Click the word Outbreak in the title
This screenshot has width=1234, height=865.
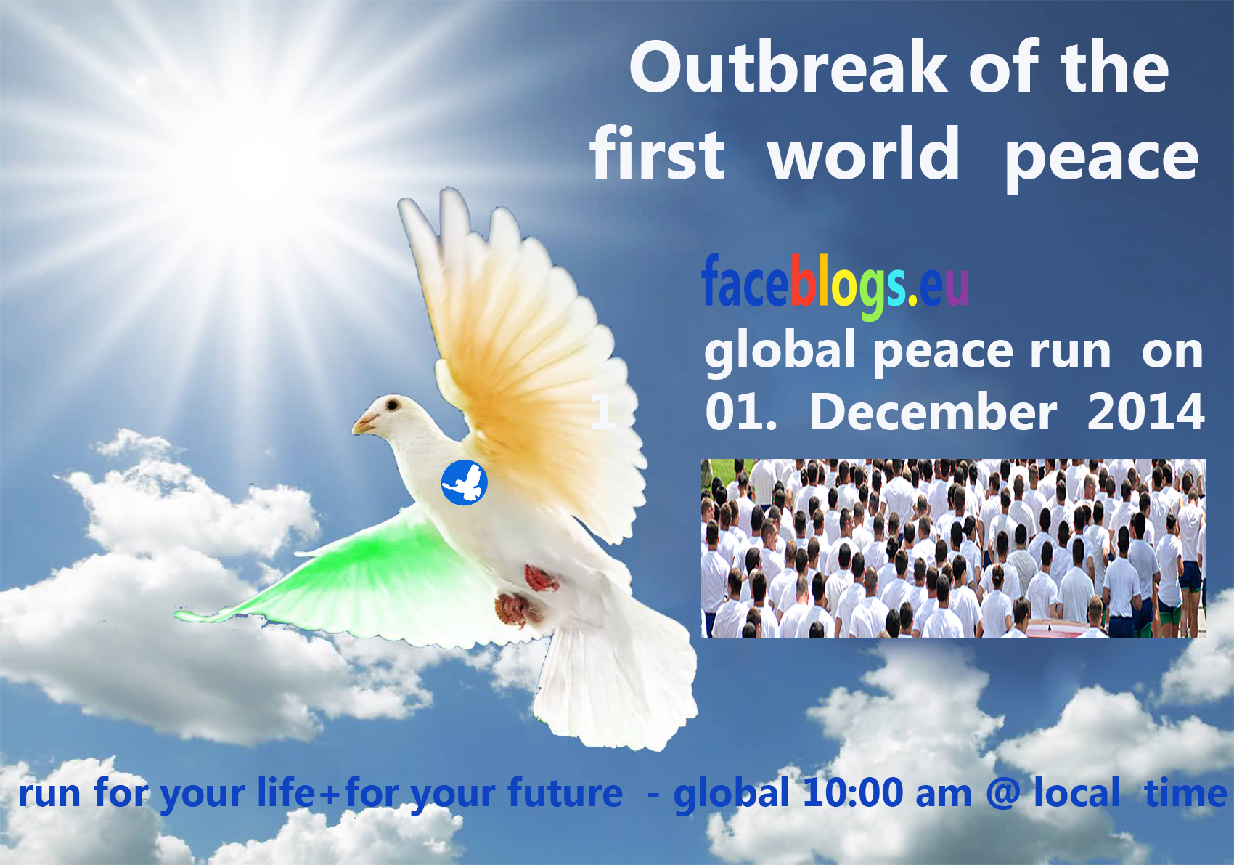(788, 68)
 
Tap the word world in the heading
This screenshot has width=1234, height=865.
(863, 153)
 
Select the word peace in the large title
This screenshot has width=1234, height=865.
(1101, 160)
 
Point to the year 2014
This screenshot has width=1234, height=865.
(1146, 413)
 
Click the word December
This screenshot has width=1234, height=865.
(933, 413)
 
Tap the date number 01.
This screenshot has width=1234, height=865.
(740, 413)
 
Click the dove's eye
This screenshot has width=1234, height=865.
(392, 405)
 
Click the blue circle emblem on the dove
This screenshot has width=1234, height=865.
(465, 482)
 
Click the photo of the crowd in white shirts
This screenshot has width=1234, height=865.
(954, 548)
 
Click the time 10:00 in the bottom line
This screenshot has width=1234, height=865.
(854, 793)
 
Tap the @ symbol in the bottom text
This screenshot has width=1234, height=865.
(1002, 794)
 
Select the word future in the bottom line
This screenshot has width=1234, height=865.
(565, 793)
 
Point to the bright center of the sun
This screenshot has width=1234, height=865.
(242, 155)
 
